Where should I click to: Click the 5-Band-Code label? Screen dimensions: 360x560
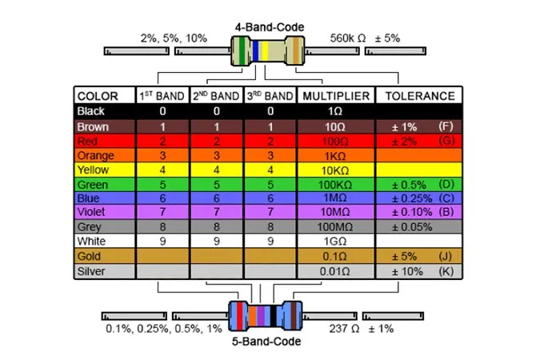pyautogui.click(x=267, y=342)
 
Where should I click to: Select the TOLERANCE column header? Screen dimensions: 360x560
pyautogui.click(x=420, y=96)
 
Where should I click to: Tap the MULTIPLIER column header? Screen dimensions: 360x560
pyautogui.click(x=336, y=96)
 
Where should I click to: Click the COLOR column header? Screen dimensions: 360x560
pyautogui.click(x=98, y=96)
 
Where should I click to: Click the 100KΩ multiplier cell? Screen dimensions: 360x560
pyautogui.click(x=336, y=183)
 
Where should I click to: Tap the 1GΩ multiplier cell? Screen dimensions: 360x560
pyautogui.click(x=336, y=241)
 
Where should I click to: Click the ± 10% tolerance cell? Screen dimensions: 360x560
pyautogui.click(x=408, y=270)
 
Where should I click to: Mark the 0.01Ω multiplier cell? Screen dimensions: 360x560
pyautogui.click(x=336, y=270)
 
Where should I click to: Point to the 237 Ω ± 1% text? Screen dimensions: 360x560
pyautogui.click(x=362, y=328)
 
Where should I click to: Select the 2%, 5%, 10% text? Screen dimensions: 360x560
pyautogui.click(x=173, y=38)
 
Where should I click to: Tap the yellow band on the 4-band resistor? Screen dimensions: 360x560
pyautogui.click(x=264, y=51)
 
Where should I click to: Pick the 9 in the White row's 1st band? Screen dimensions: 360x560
pyautogui.click(x=162, y=241)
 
